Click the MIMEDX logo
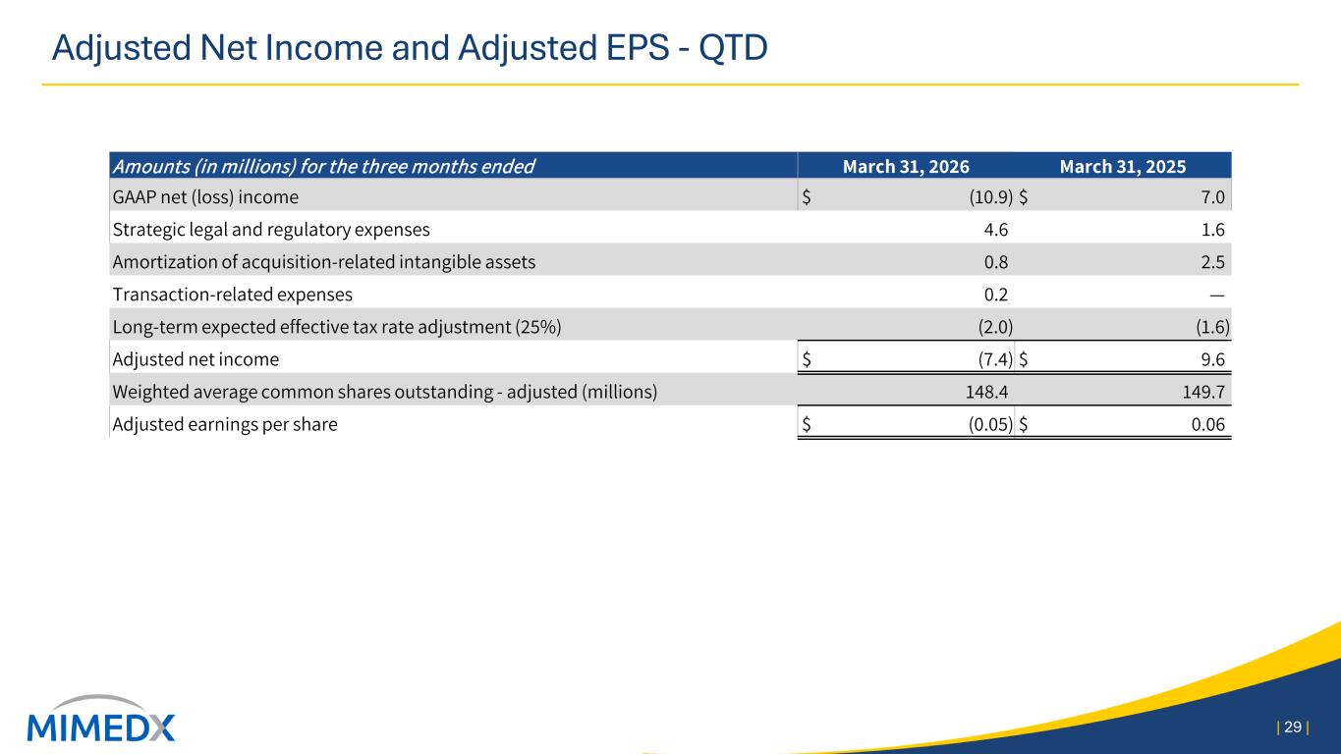(101, 719)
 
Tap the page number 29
(1293, 727)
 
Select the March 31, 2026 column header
(906, 166)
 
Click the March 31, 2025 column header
(1123, 166)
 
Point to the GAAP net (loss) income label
(205, 197)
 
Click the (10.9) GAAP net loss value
(991, 197)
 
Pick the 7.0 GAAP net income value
(1213, 197)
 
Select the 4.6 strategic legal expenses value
(995, 229)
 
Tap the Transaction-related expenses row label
(232, 295)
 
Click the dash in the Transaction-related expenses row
(1217, 295)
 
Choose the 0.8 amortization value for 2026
(995, 262)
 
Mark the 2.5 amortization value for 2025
(1213, 262)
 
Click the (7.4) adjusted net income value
(995, 359)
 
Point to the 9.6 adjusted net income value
(1213, 359)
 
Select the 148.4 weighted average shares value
(986, 392)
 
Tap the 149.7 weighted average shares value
(1203, 392)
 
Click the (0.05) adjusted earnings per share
(991, 424)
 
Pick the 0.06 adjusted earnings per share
(1208, 424)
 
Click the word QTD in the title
(733, 48)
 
